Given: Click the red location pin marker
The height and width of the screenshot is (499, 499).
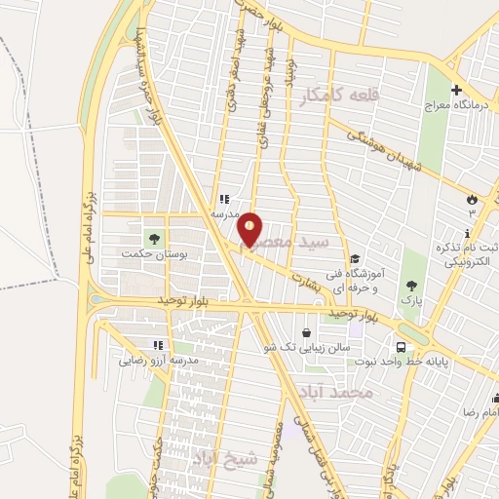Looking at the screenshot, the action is tap(250, 228).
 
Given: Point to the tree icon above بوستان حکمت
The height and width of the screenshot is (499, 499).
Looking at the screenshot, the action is tap(152, 237).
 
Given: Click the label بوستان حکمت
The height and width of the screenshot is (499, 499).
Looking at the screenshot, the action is tap(151, 253).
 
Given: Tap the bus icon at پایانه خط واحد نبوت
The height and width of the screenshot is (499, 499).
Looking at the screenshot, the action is tap(401, 347).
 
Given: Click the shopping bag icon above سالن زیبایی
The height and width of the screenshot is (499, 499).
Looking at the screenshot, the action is tap(308, 331).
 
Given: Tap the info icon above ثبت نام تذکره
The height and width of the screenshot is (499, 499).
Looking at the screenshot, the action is tap(468, 232).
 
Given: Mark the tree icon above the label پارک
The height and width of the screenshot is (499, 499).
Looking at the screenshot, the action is tap(412, 286).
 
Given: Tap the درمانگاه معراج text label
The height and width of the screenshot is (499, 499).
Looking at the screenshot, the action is tap(456, 106).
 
